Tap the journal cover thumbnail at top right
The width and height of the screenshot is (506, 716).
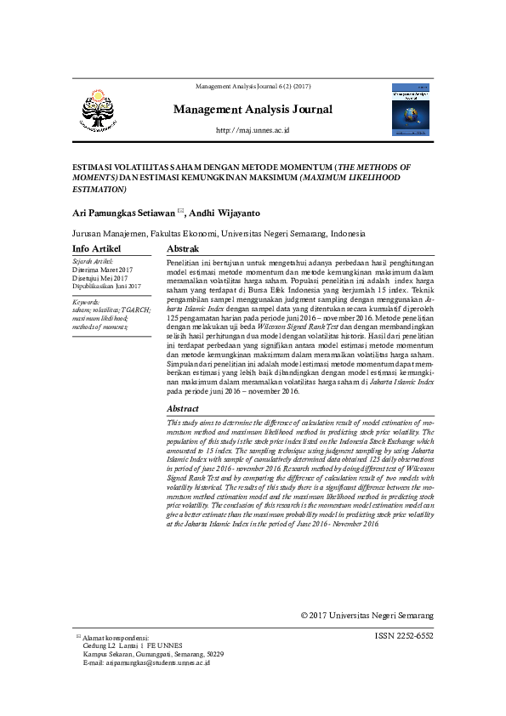pyautogui.click(x=412, y=109)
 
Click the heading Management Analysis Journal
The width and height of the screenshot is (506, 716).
pyautogui.click(x=253, y=110)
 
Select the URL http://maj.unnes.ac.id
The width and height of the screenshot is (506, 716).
pyautogui.click(x=253, y=130)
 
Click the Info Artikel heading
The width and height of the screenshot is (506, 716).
pyautogui.click(x=97, y=248)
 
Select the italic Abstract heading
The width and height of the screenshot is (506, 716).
pyautogui.click(x=184, y=409)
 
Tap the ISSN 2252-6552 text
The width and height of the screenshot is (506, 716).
pyautogui.click(x=403, y=636)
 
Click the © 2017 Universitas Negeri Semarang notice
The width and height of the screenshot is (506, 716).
pyautogui.click(x=367, y=616)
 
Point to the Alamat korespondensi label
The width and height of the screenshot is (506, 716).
pyautogui.click(x=116, y=637)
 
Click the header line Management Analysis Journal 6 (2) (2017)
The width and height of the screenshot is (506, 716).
pyautogui.click(x=253, y=88)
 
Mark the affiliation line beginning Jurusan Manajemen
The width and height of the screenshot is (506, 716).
pyautogui.click(x=219, y=233)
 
